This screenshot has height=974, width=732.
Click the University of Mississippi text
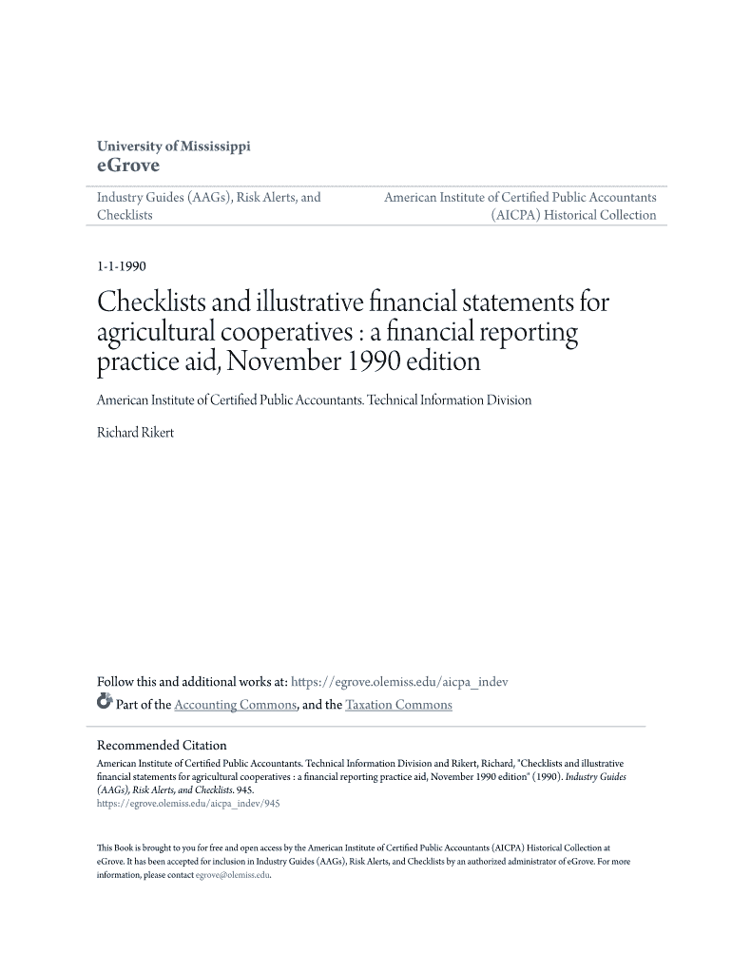[174, 146]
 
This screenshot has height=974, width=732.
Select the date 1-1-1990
[121, 267]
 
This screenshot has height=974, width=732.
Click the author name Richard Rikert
[136, 433]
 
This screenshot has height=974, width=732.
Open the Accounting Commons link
[236, 705]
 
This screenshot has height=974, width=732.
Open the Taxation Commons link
[398, 705]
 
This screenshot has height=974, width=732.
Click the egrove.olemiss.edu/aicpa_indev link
[399, 682]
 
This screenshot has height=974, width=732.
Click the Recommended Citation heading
[162, 746]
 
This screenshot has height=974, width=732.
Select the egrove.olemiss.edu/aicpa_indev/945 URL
[188, 803]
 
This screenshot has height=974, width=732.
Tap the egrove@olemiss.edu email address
[233, 875]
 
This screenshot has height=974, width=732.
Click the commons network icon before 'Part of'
[105, 704]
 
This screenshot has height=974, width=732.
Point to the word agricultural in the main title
[165, 334]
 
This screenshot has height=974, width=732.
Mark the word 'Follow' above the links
[116, 682]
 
